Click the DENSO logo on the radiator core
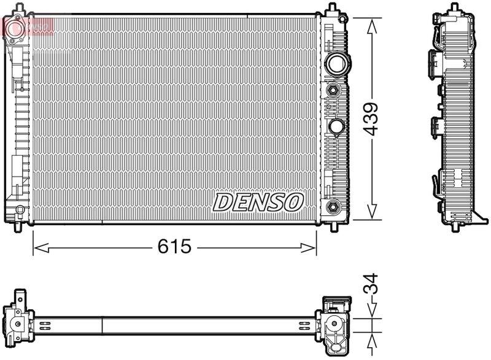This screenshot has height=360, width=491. pyautogui.click(x=258, y=202)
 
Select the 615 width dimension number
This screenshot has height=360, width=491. pyautogui.click(x=175, y=247)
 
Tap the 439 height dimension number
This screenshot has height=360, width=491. pyautogui.click(x=371, y=119)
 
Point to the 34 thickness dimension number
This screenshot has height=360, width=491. pyautogui.click(x=371, y=285)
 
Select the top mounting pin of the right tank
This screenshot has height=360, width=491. pyautogui.click(x=332, y=9)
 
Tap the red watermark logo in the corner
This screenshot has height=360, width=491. pyautogui.click(x=28, y=26)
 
